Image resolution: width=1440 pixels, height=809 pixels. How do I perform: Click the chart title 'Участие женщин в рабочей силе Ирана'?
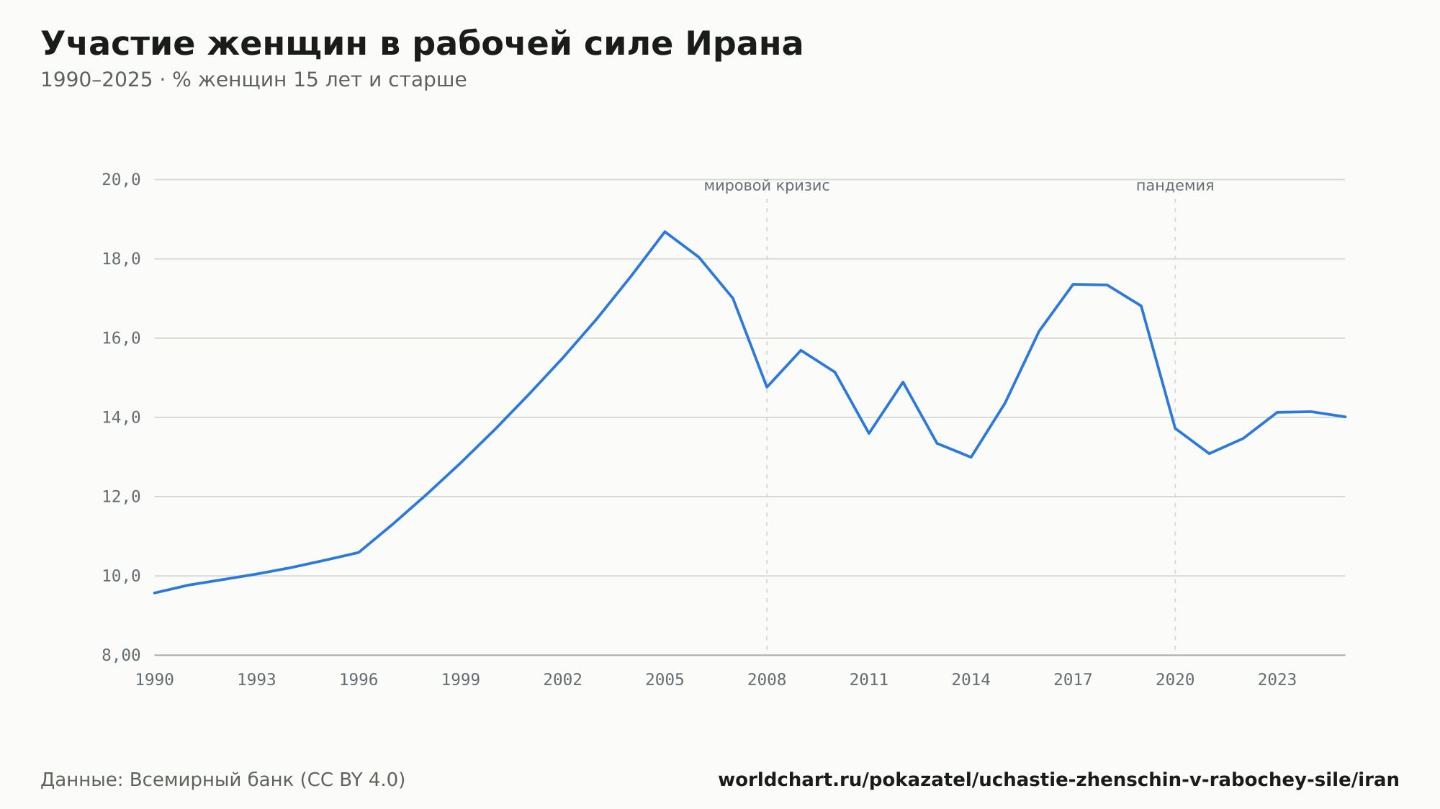422,44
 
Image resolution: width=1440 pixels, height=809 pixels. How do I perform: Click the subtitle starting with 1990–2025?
253,80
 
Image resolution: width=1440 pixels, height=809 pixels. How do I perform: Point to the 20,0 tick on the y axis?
121,180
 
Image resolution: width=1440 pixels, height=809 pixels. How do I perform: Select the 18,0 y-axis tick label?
121,259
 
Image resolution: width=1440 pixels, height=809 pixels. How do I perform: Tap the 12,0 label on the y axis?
121,497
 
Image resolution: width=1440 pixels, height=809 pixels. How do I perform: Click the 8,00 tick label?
121,655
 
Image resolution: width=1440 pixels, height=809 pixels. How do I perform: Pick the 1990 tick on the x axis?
155,680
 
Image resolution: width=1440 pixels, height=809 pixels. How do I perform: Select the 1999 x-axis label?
461,680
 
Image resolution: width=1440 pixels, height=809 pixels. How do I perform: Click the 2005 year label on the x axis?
665,680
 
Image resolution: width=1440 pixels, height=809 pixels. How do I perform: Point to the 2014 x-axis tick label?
971,680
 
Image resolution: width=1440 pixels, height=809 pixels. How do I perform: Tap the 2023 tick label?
1277,680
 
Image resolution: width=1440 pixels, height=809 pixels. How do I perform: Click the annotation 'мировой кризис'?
767,186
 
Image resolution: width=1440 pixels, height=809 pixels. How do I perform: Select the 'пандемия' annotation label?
1175,186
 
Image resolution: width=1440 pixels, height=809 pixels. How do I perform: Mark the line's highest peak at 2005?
665,232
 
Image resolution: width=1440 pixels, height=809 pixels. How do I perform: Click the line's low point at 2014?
971,457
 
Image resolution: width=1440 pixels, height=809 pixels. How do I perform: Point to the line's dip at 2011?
869,433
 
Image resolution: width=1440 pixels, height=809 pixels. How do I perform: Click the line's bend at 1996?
359,552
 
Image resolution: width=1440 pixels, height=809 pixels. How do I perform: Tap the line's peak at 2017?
1073,284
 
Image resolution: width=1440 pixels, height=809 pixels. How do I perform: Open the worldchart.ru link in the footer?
1058,780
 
